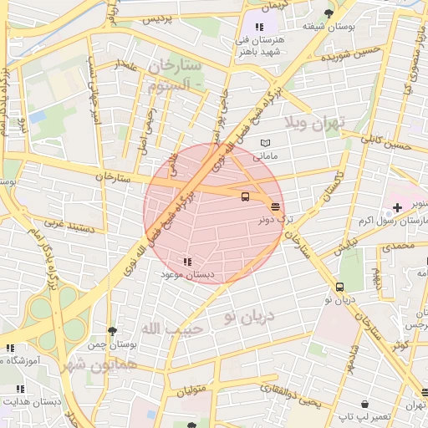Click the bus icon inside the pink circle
(x=245, y=197)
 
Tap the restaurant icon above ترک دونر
(x=275, y=206)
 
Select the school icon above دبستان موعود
(x=186, y=262)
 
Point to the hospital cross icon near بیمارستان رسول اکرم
(x=397, y=206)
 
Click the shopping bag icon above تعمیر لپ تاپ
(x=342, y=404)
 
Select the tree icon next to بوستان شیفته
(x=329, y=13)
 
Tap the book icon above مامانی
(x=266, y=143)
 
